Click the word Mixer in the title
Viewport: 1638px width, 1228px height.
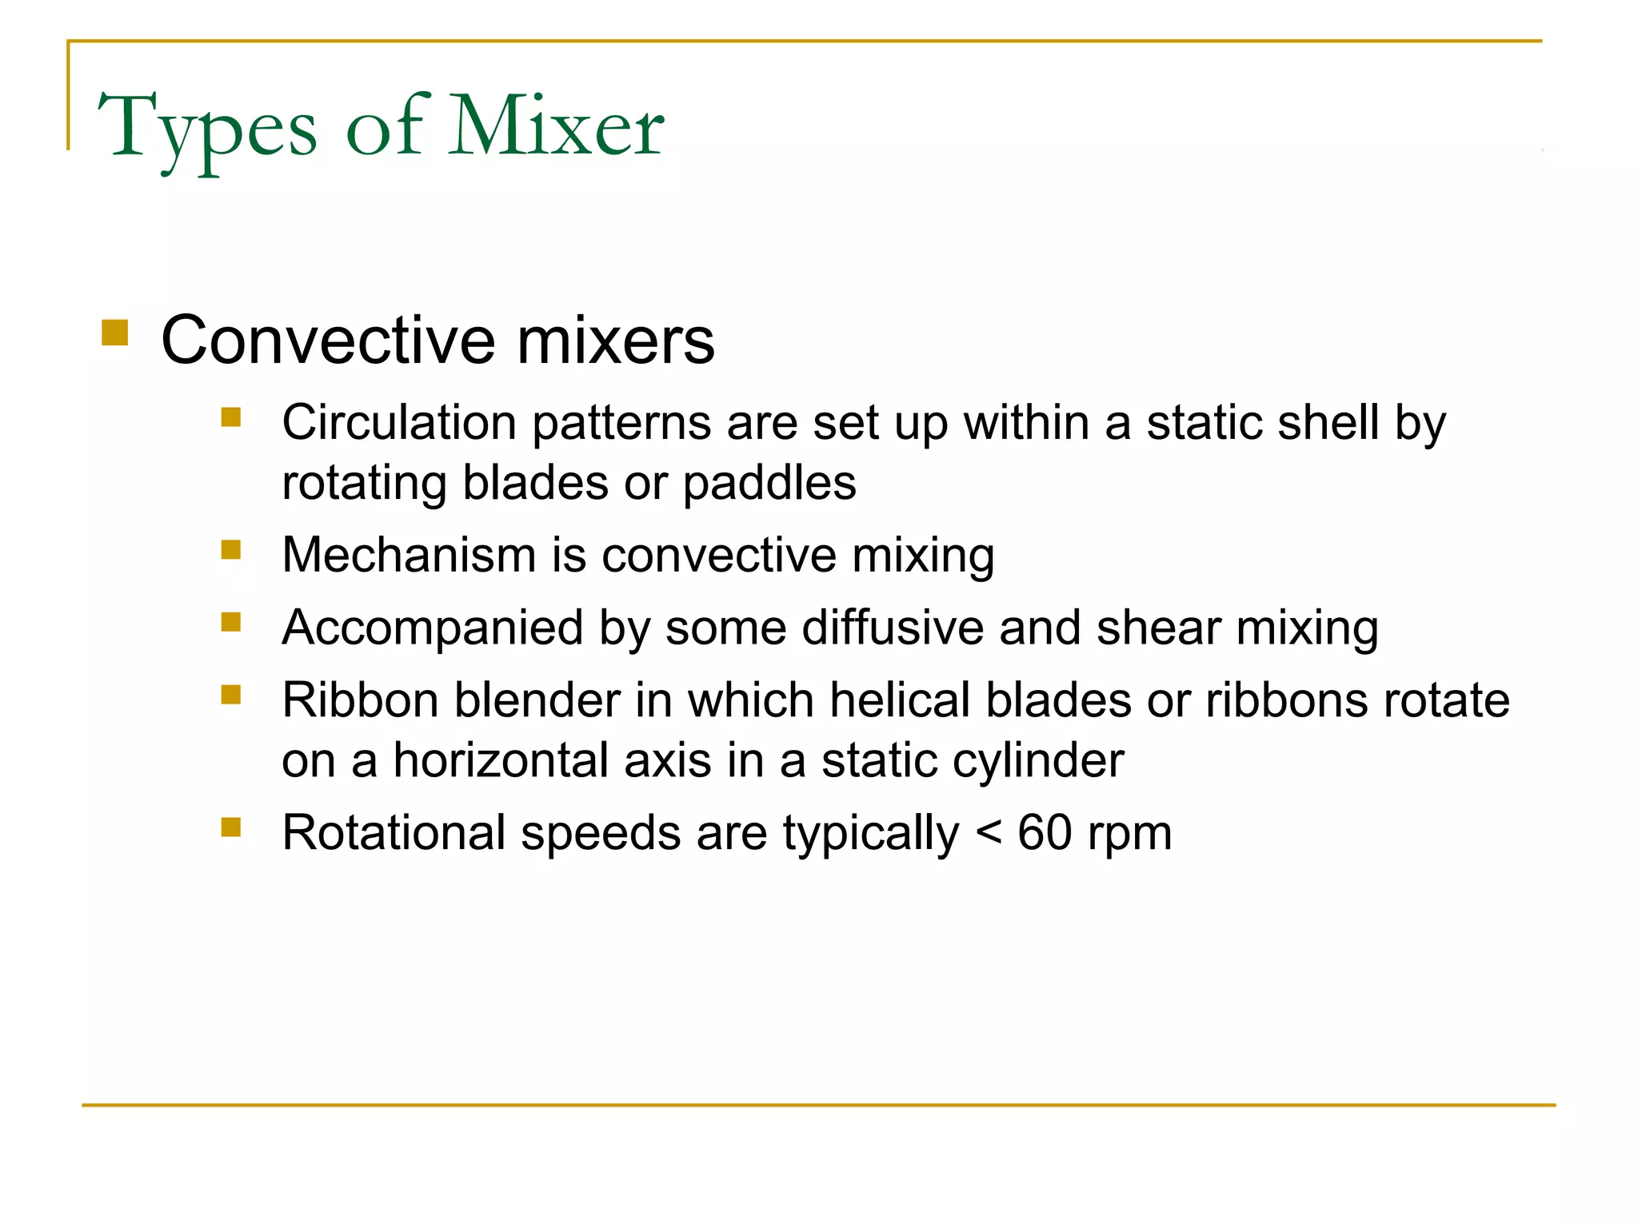click(556, 126)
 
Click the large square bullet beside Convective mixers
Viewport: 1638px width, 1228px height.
click(115, 333)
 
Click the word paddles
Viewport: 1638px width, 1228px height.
click(769, 484)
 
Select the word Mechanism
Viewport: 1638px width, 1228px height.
click(409, 555)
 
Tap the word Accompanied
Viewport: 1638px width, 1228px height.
click(432, 628)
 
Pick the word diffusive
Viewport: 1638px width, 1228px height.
click(892, 628)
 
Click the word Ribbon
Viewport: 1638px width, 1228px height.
click(360, 700)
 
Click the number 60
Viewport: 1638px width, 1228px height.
click(1045, 833)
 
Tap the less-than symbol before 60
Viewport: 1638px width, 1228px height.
click(989, 835)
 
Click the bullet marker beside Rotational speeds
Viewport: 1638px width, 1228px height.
click(231, 827)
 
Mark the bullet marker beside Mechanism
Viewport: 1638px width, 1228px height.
click(231, 549)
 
